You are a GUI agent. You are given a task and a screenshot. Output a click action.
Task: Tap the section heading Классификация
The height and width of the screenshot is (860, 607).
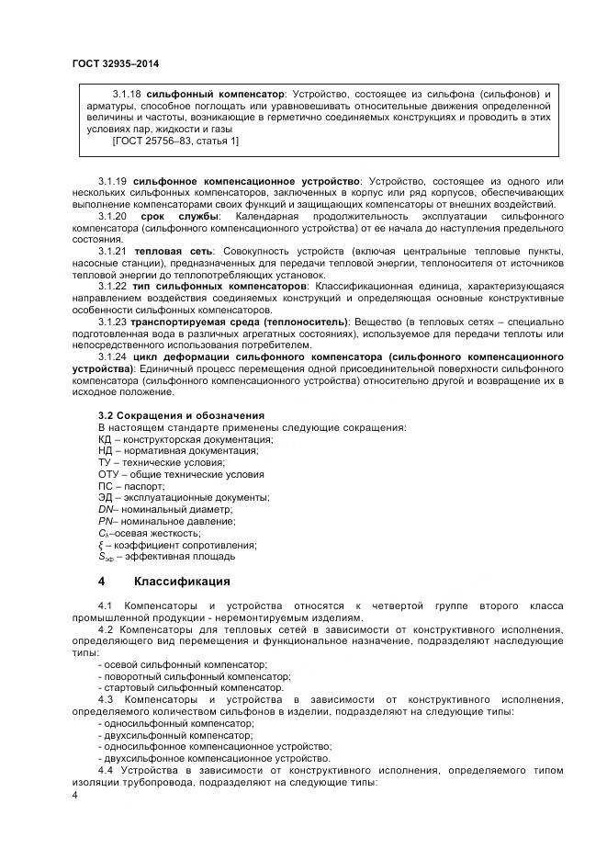182,582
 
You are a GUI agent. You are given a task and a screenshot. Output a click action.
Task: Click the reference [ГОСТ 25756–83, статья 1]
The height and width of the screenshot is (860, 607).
174,141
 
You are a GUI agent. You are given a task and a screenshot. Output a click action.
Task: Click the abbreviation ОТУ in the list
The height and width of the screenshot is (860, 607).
107,474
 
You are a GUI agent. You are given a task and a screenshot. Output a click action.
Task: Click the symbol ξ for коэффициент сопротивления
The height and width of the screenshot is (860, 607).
100,544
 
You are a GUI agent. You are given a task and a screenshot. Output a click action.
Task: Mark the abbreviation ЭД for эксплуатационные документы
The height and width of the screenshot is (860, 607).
105,497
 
